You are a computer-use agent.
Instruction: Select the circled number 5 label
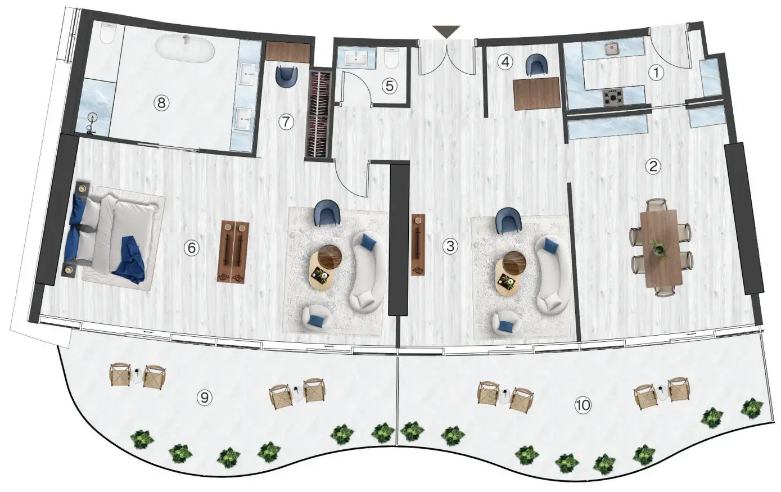[x=389, y=86]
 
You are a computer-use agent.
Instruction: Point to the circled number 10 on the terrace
[x=583, y=404]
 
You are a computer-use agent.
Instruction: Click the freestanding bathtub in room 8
[x=184, y=49]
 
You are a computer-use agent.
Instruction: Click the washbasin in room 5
[x=355, y=57]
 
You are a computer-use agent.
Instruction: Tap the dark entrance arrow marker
[x=446, y=31]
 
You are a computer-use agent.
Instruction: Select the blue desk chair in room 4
[x=537, y=65]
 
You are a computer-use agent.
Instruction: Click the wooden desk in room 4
[x=537, y=93]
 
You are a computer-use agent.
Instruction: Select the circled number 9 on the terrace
[x=205, y=398]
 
